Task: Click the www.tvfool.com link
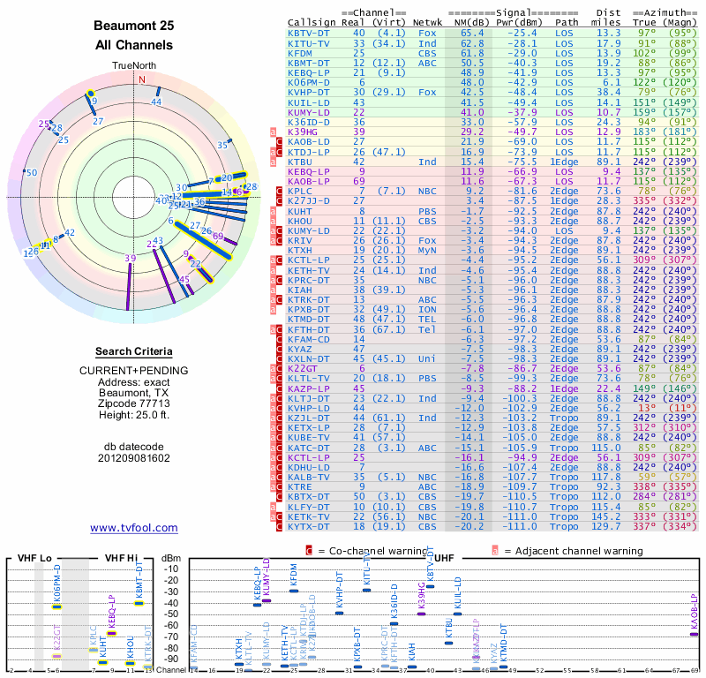134,528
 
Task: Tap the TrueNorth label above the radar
133,66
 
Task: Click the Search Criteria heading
134,351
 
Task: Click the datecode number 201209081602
134,457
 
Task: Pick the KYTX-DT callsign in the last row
309,526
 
